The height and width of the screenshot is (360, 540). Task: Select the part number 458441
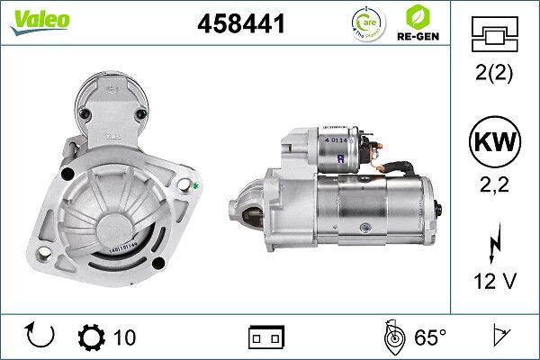click(x=240, y=25)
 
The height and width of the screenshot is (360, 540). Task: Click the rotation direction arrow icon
click(x=40, y=337)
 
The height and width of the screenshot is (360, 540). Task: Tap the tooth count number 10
click(x=125, y=337)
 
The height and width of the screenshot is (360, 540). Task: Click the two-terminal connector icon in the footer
click(x=266, y=337)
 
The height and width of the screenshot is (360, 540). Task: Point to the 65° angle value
click(x=430, y=337)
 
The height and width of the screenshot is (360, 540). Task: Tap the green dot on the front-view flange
click(x=196, y=186)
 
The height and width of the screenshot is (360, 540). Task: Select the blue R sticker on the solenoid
click(x=339, y=158)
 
